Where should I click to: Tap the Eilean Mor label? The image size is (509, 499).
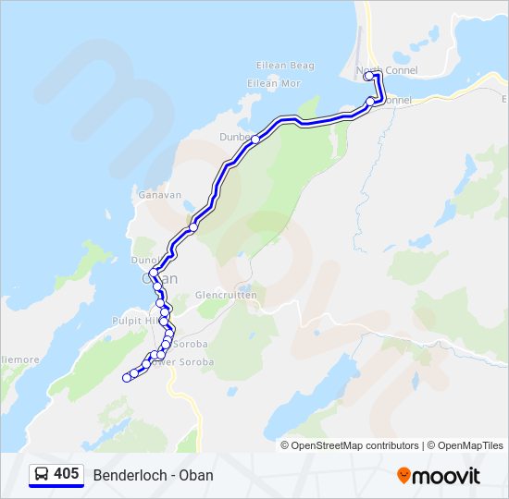[x=274, y=83]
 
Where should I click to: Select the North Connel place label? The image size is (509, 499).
[x=392, y=70]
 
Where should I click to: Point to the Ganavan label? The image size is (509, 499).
[x=157, y=195]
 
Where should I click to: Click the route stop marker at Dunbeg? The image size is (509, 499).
[x=255, y=140]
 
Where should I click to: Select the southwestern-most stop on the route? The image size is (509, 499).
[x=127, y=377]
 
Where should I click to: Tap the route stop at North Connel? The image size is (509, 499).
[x=368, y=77]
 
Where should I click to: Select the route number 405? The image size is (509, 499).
[x=67, y=474]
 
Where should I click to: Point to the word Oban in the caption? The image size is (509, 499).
[x=196, y=475]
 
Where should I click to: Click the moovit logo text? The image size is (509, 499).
[x=446, y=476]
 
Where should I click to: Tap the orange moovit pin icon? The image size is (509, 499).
[x=403, y=475]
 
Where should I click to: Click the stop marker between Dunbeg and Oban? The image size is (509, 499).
[x=193, y=226]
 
